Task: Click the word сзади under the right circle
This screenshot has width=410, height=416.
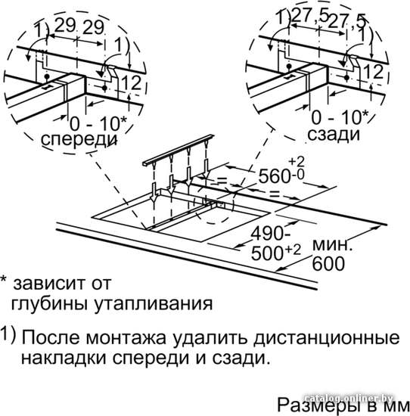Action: [x=334, y=135]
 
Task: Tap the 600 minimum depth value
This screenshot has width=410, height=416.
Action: [x=328, y=263]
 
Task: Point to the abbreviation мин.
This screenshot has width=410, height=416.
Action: [x=332, y=245]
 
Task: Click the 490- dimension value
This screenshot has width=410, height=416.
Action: [x=270, y=234]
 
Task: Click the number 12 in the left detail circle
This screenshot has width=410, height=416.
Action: [x=132, y=83]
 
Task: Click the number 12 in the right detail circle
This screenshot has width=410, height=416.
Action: [x=374, y=72]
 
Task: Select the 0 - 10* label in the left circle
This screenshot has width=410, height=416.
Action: [x=99, y=123]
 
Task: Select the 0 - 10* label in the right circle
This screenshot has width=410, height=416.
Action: [x=340, y=117]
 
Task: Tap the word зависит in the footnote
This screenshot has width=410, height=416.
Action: [x=44, y=284]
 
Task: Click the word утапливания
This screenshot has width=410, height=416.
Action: [x=154, y=304]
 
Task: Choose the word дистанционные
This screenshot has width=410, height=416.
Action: [x=326, y=339]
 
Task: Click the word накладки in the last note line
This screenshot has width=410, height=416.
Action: [x=64, y=359]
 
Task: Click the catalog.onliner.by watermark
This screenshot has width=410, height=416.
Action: [x=349, y=398]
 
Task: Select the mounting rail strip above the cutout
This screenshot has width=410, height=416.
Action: [x=178, y=150]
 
